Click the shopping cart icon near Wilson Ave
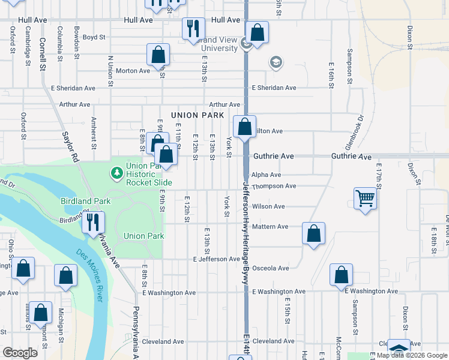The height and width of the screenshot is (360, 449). pyautogui.click(x=365, y=197)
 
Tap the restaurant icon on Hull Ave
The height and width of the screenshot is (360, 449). pyautogui.click(x=193, y=28)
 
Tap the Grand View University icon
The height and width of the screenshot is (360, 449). pyautogui.click(x=246, y=44)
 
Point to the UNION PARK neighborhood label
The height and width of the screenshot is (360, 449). pyautogui.click(x=197, y=115)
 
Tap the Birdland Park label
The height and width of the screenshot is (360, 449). pyautogui.click(x=83, y=201)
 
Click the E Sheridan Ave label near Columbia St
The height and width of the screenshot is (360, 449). pyautogui.click(x=73, y=88)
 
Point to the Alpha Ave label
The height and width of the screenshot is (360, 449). pyautogui.click(x=267, y=175)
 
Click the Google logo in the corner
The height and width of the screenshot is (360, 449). pyautogui.click(x=20, y=353)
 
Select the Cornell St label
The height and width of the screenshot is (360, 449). pyautogui.click(x=43, y=55)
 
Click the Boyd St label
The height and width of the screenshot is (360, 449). pyautogui.click(x=94, y=37)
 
